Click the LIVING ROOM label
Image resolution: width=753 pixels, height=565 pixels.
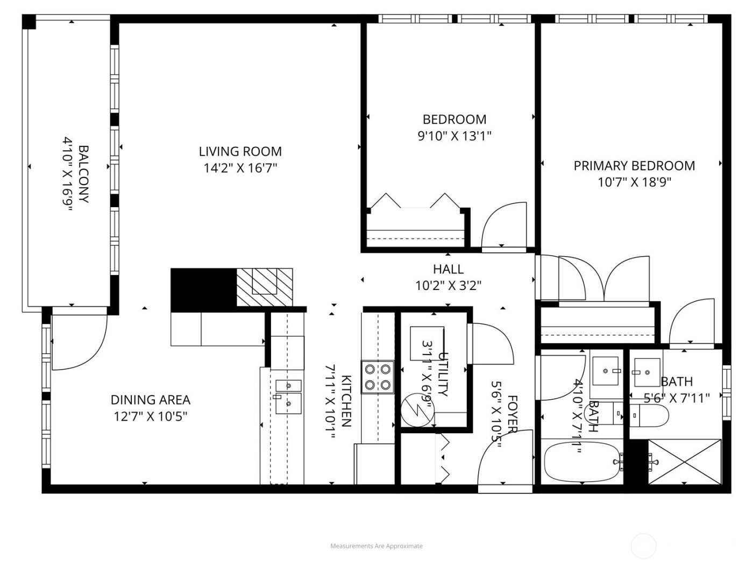point(240,152)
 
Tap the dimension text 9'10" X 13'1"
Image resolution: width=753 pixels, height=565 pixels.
point(454,136)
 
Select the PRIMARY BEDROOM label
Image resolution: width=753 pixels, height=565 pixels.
point(634,166)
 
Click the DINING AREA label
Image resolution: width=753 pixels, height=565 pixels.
point(151,400)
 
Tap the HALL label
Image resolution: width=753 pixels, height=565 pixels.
point(448,269)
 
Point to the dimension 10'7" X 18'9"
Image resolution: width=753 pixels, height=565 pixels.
point(634,182)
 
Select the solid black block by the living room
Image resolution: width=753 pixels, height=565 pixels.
point(203,289)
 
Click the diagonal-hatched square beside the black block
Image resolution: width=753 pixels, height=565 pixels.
point(265,288)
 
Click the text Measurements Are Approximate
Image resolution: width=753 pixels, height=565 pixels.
point(376,546)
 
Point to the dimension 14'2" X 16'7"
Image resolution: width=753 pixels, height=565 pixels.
point(240,168)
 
